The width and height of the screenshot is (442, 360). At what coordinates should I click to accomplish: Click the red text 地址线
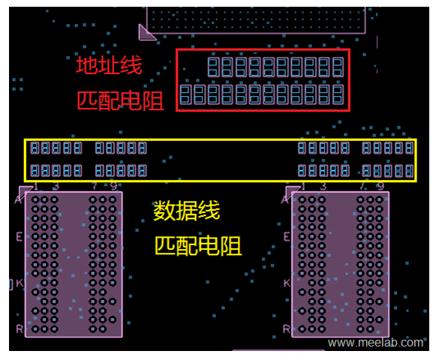tap(109, 66)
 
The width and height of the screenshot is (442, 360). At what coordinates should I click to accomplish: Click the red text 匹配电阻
tap(120, 101)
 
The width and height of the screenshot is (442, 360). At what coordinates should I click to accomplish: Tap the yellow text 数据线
tap(187, 211)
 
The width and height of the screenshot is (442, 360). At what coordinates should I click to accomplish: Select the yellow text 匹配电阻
tap(198, 245)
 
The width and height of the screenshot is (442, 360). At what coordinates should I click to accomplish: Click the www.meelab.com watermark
tap(375, 343)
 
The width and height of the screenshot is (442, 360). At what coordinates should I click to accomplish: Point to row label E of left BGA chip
tap(19, 235)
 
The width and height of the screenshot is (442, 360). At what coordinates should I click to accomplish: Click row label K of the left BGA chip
tap(19, 283)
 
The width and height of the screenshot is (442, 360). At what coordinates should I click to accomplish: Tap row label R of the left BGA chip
tap(19, 328)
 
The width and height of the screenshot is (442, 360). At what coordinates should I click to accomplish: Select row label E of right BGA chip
tap(287, 235)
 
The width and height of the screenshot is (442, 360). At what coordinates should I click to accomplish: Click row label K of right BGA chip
tap(287, 283)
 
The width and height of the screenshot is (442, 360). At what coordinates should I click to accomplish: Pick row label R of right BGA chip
tap(287, 328)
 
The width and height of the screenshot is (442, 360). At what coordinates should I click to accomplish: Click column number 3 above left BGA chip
tap(56, 186)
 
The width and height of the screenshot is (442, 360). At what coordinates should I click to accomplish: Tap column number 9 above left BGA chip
tap(113, 186)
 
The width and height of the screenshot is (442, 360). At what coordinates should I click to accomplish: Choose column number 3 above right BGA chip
tap(323, 186)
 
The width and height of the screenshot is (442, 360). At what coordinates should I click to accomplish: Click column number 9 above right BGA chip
tap(380, 186)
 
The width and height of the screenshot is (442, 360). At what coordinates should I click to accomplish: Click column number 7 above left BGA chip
tap(94, 186)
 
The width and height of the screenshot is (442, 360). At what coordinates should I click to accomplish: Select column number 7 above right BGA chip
tap(362, 186)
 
